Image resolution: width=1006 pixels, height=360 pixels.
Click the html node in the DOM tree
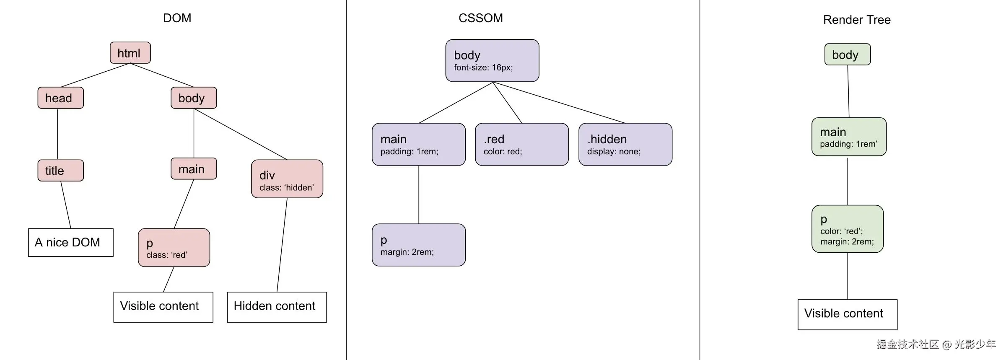point(130,53)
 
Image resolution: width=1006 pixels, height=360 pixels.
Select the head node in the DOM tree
point(61,98)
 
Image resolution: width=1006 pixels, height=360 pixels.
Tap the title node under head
point(61,171)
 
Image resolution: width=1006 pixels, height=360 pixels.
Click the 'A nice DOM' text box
point(71,243)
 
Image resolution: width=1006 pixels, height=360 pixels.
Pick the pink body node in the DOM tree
point(194,98)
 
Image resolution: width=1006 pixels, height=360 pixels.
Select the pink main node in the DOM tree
point(194,169)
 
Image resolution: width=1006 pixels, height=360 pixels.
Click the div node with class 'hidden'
point(287,179)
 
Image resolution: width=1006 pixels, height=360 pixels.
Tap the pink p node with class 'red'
point(174,248)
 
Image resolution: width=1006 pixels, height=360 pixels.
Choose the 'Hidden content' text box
point(277,307)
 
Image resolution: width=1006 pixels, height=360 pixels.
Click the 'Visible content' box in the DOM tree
point(163,307)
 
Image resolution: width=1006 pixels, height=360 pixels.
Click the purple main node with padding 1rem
point(419,145)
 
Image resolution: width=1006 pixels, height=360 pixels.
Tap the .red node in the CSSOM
point(522,145)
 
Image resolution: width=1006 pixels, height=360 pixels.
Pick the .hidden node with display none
point(625,145)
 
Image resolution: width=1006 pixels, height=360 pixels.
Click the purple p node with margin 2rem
point(419,245)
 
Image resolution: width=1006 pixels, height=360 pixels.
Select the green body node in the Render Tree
point(848,54)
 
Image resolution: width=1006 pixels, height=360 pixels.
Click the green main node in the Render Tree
point(849,137)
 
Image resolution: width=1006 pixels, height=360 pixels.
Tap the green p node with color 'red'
point(848,229)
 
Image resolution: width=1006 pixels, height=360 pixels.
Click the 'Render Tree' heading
point(857,20)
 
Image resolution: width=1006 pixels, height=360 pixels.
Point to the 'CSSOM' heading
point(481,18)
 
